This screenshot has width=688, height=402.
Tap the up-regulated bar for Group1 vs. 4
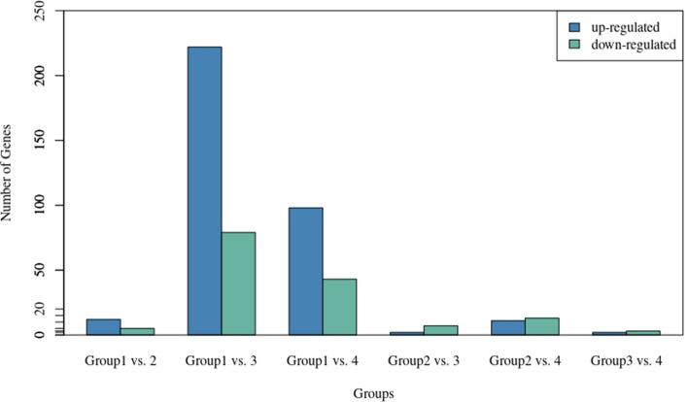pyautogui.click(x=306, y=271)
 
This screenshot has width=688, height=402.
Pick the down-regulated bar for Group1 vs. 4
pyautogui.click(x=339, y=307)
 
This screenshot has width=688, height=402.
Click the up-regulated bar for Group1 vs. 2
pyautogui.click(x=104, y=327)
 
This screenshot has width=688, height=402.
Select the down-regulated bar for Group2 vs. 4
pyautogui.click(x=541, y=326)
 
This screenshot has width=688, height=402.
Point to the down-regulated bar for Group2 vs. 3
pyautogui.click(x=440, y=330)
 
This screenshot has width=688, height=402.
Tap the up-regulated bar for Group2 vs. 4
pyautogui.click(x=508, y=327)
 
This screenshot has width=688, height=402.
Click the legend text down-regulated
pyautogui.click(x=631, y=45)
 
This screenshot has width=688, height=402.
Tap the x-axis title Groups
pyautogui.click(x=373, y=393)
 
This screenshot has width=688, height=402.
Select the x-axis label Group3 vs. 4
pyautogui.click(x=626, y=360)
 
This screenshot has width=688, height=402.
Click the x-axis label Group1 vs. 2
pyautogui.click(x=120, y=360)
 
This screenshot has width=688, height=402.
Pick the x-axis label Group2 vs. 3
pyautogui.click(x=424, y=360)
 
